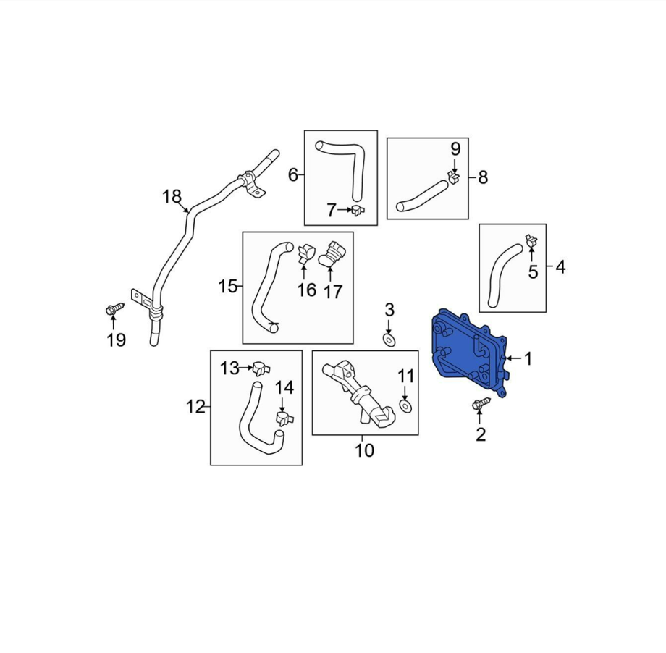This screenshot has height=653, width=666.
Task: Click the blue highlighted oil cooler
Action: (469, 353)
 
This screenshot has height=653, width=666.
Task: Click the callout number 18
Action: (172, 197)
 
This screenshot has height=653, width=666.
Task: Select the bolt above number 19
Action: (114, 310)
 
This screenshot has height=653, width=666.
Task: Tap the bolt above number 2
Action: (481, 404)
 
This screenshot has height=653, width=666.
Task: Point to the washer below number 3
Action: (389, 340)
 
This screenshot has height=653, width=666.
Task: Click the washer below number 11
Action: (405, 405)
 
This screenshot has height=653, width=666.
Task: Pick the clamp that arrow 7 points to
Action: (359, 209)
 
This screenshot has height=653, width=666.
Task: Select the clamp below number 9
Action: (454, 177)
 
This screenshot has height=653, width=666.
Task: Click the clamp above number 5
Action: (531, 241)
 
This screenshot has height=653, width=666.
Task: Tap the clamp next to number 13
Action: (261, 368)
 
